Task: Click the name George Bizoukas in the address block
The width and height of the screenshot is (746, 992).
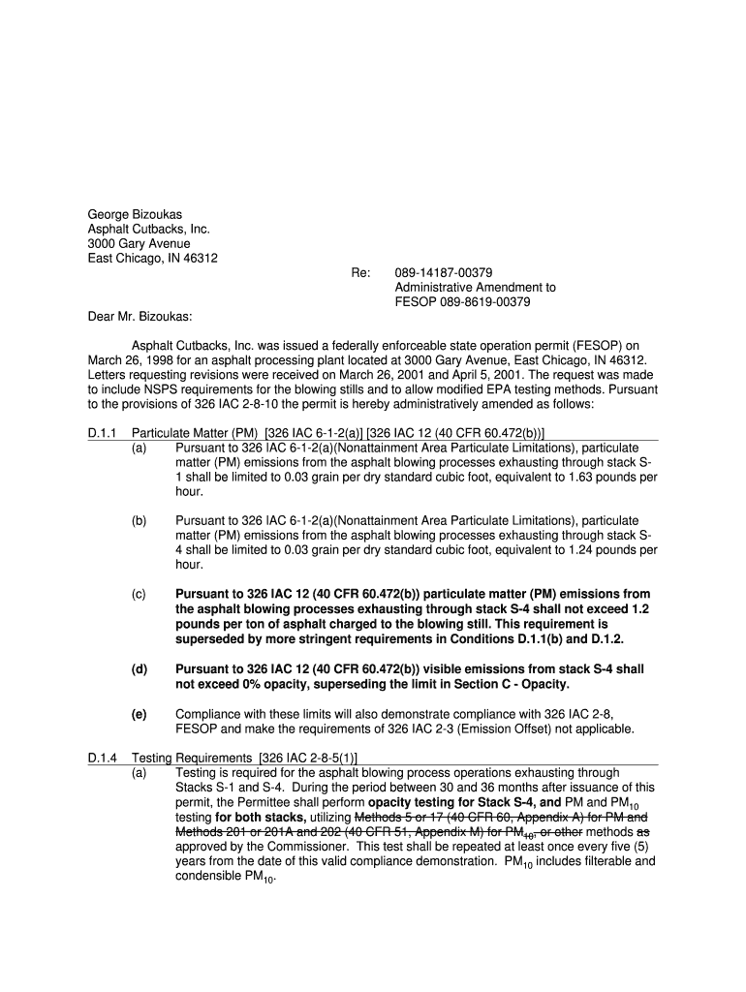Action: click(135, 213)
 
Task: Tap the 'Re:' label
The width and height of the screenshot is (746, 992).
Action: click(360, 273)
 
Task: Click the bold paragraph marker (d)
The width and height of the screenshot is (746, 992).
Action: click(140, 669)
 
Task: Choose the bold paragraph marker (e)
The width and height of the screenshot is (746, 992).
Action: click(140, 714)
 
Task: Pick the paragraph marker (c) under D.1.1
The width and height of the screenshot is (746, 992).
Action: click(140, 594)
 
